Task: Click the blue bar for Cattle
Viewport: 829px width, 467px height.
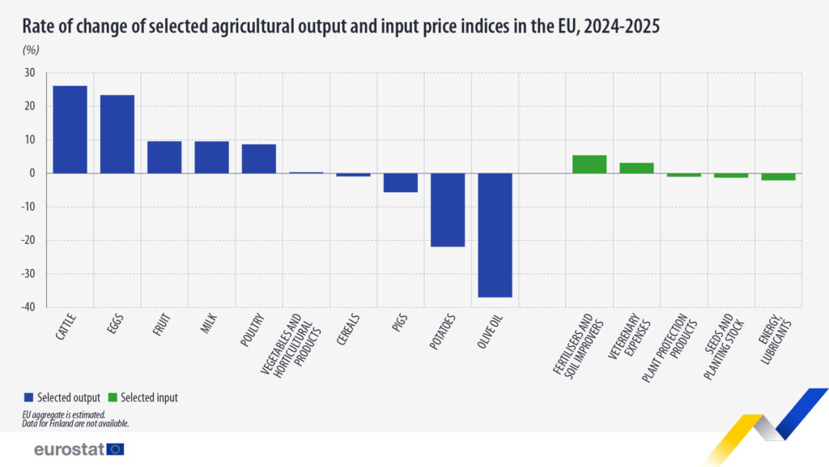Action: click(70, 129)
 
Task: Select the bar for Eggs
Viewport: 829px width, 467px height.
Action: click(117, 134)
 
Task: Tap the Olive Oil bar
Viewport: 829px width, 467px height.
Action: click(495, 235)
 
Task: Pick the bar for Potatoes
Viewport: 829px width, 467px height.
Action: click(448, 209)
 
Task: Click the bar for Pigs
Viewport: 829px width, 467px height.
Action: click(400, 182)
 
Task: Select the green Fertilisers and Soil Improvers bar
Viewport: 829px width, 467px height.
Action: click(589, 164)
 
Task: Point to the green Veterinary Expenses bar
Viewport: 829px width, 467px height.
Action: click(636, 168)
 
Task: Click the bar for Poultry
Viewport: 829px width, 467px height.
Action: click(259, 158)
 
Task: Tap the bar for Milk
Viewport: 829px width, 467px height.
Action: click(211, 156)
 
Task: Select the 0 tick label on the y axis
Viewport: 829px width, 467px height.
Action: click(32, 174)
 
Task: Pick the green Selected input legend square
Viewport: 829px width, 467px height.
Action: click(113, 397)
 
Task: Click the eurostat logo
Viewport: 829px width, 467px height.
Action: click(79, 448)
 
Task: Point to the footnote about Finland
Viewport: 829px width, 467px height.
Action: click(75, 423)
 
